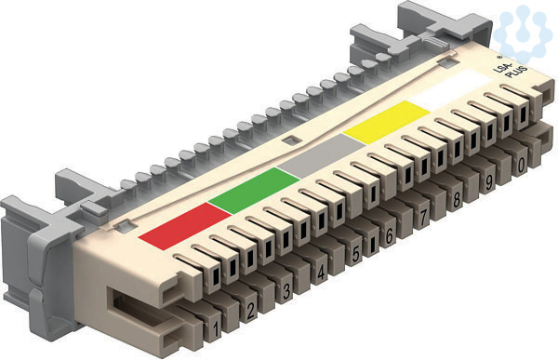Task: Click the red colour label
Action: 185,226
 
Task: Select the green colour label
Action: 254,191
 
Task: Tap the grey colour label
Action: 322,156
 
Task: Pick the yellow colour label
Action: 387,122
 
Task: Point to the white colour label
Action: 452,89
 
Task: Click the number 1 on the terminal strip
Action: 216,329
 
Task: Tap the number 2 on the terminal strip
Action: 250,311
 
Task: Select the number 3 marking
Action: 286,291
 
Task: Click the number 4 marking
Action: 321,273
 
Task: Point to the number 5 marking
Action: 355,254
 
